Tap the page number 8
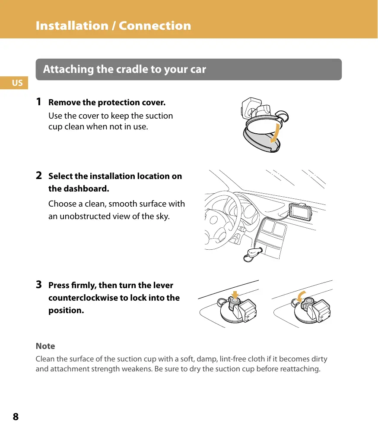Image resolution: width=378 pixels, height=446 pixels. tap(16, 417)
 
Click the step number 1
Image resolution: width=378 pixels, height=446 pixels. tap(39, 101)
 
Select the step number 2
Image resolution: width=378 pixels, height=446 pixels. tap(39, 176)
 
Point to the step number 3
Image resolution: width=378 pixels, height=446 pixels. tap(39, 284)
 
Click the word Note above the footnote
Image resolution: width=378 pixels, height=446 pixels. tap(45, 346)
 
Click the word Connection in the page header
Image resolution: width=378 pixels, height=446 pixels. tap(155, 25)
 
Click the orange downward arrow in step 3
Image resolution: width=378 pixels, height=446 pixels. tap(235, 295)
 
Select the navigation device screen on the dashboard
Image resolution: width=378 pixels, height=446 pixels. tap(300, 212)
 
